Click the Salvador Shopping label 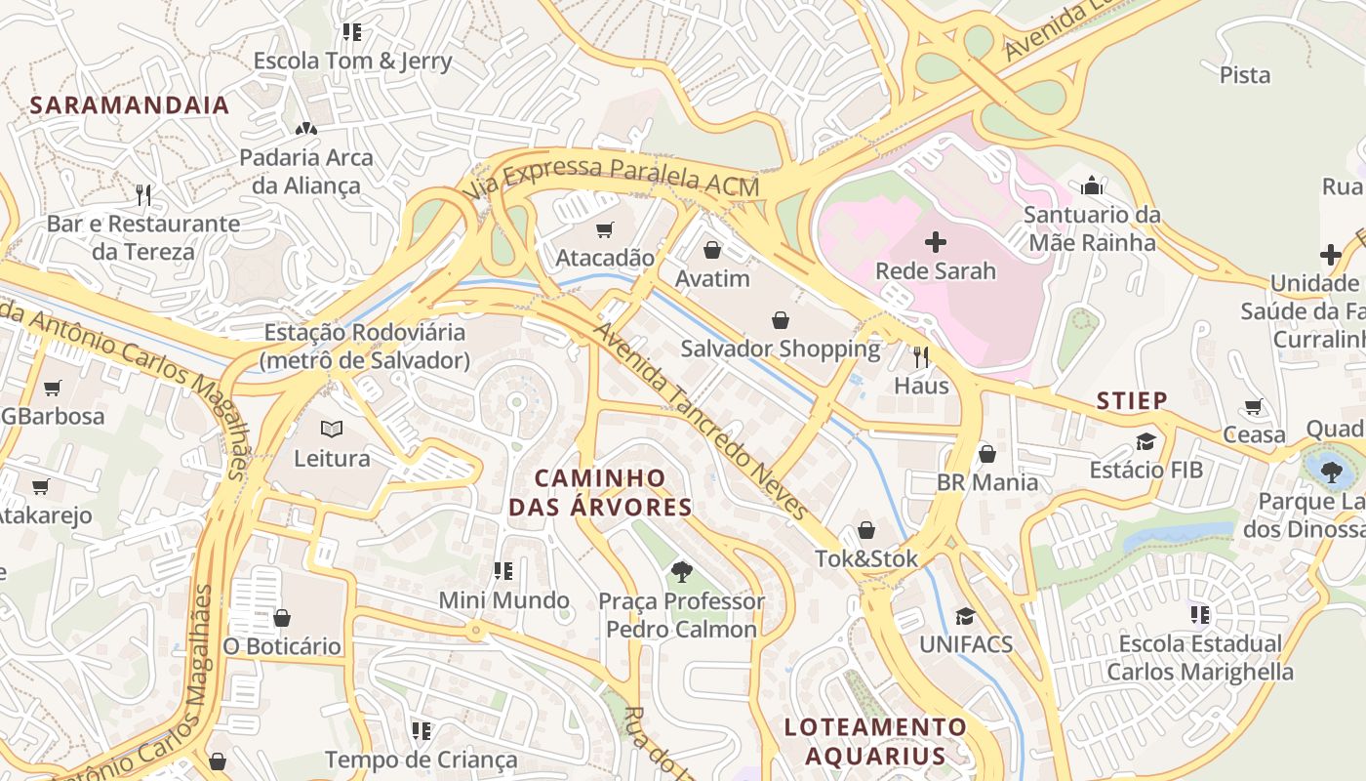[x=781, y=349]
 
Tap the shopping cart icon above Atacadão [x=605, y=230]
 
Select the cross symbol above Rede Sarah [x=936, y=242]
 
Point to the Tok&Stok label [x=867, y=558]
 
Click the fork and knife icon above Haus [x=921, y=357]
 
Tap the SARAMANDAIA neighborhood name [x=130, y=105]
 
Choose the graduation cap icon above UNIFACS [x=965, y=616]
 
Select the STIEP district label [x=1132, y=400]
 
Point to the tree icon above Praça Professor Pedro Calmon [x=681, y=572]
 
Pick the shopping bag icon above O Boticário [x=282, y=618]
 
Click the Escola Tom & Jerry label [x=352, y=61]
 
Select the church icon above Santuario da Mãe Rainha [x=1092, y=185]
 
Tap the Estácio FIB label [x=1146, y=470]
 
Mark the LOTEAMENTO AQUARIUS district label [x=876, y=741]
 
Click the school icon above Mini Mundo [x=503, y=571]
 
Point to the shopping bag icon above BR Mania [x=987, y=454]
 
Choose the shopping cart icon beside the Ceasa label [x=1254, y=406]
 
